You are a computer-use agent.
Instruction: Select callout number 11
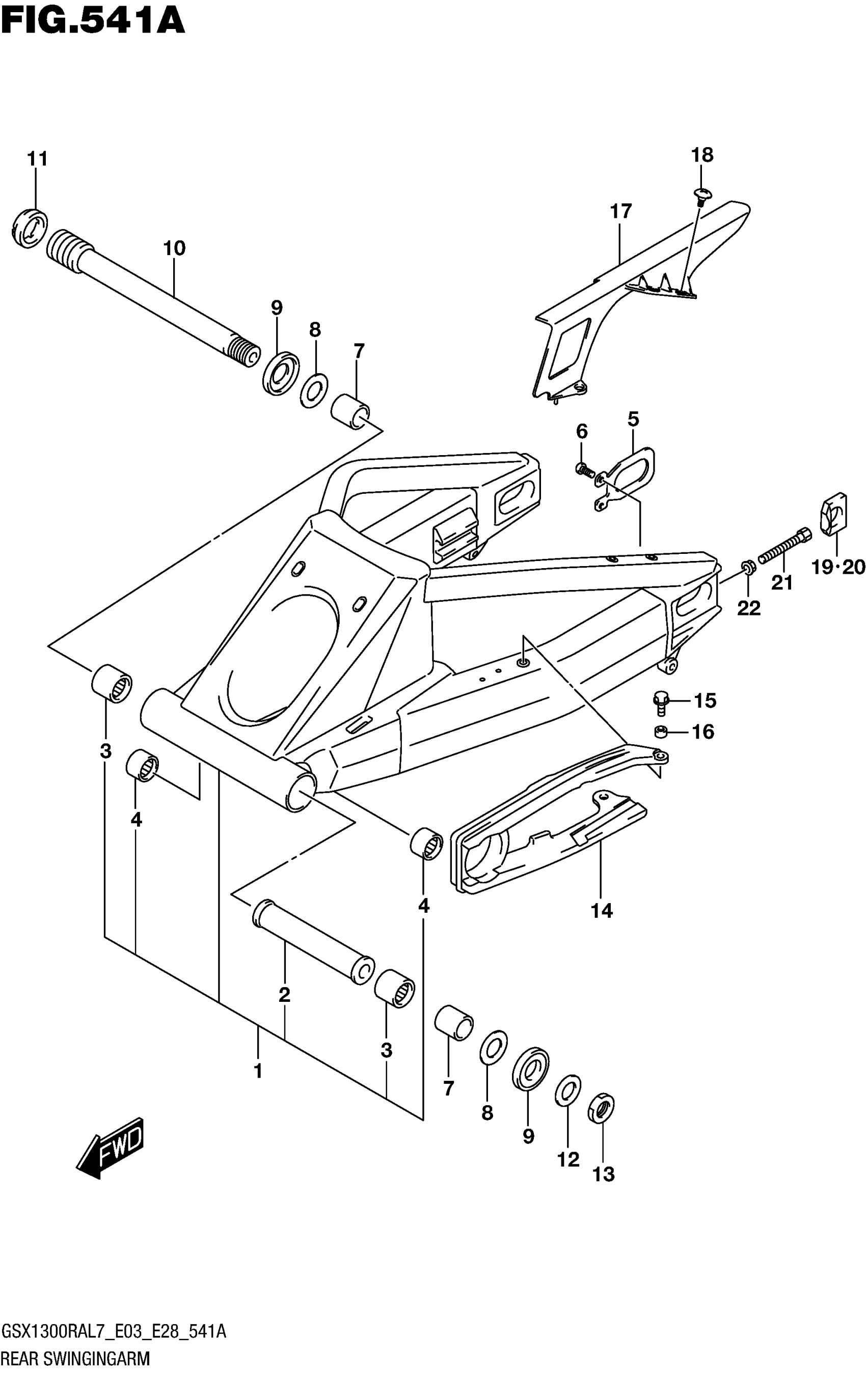(38, 159)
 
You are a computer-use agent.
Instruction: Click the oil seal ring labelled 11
(29, 229)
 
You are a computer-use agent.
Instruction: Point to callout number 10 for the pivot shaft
(175, 248)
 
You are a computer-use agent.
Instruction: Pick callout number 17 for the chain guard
(621, 211)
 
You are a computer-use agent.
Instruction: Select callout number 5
(633, 419)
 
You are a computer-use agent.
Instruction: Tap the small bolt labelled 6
(583, 469)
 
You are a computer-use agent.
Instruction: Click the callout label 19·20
(838, 567)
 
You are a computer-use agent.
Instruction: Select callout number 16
(703, 732)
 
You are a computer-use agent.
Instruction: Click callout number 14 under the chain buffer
(602, 910)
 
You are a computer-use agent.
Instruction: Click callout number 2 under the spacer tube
(284, 995)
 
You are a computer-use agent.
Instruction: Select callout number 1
(258, 1071)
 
